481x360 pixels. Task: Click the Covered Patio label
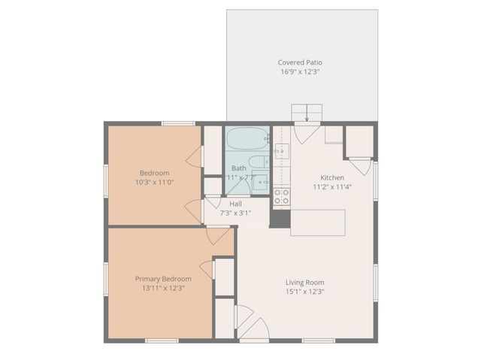(300, 62)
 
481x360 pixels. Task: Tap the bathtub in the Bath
(247, 139)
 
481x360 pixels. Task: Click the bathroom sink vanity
(259, 183)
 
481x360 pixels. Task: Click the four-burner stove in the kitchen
(281, 197)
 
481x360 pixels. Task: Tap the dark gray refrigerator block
(280, 219)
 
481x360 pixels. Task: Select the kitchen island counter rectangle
(318, 222)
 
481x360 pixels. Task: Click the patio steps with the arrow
(307, 113)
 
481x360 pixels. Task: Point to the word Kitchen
(332, 177)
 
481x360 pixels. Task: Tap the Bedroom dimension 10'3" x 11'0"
(154, 182)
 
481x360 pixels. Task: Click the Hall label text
(235, 204)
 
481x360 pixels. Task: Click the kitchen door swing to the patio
(305, 134)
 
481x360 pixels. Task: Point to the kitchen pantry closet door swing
(360, 165)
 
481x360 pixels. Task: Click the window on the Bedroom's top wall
(178, 123)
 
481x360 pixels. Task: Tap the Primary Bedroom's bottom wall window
(162, 341)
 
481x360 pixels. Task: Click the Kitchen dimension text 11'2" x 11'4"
(332, 187)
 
